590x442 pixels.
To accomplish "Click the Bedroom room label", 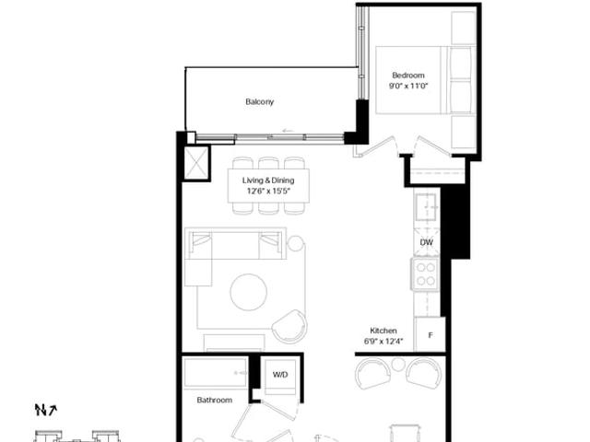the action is (408, 76).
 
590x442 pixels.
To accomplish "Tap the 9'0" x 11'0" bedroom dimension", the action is (408, 86).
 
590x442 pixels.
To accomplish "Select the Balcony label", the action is (260, 102).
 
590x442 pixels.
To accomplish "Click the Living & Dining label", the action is (268, 180).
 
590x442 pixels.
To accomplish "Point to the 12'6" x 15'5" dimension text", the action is (268, 191).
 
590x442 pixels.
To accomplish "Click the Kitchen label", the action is (383, 331).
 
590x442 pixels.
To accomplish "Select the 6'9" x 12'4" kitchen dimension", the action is (383, 342).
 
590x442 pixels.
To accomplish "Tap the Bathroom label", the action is (215, 400).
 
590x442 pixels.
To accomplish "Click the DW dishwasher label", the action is (426, 242).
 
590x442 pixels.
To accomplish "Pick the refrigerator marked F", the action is (430, 334).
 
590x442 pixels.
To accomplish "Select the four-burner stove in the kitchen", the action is (426, 274).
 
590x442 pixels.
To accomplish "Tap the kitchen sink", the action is (426, 206).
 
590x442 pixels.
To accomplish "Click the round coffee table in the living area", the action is (249, 293).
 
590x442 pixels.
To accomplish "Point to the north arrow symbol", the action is (45, 410).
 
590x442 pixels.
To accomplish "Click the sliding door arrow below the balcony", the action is (288, 131).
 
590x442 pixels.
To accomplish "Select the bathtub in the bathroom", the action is (215, 372).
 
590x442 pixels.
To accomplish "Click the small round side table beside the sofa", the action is (296, 244).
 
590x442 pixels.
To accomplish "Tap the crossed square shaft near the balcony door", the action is (196, 163).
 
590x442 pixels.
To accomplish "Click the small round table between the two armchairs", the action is (398, 364).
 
